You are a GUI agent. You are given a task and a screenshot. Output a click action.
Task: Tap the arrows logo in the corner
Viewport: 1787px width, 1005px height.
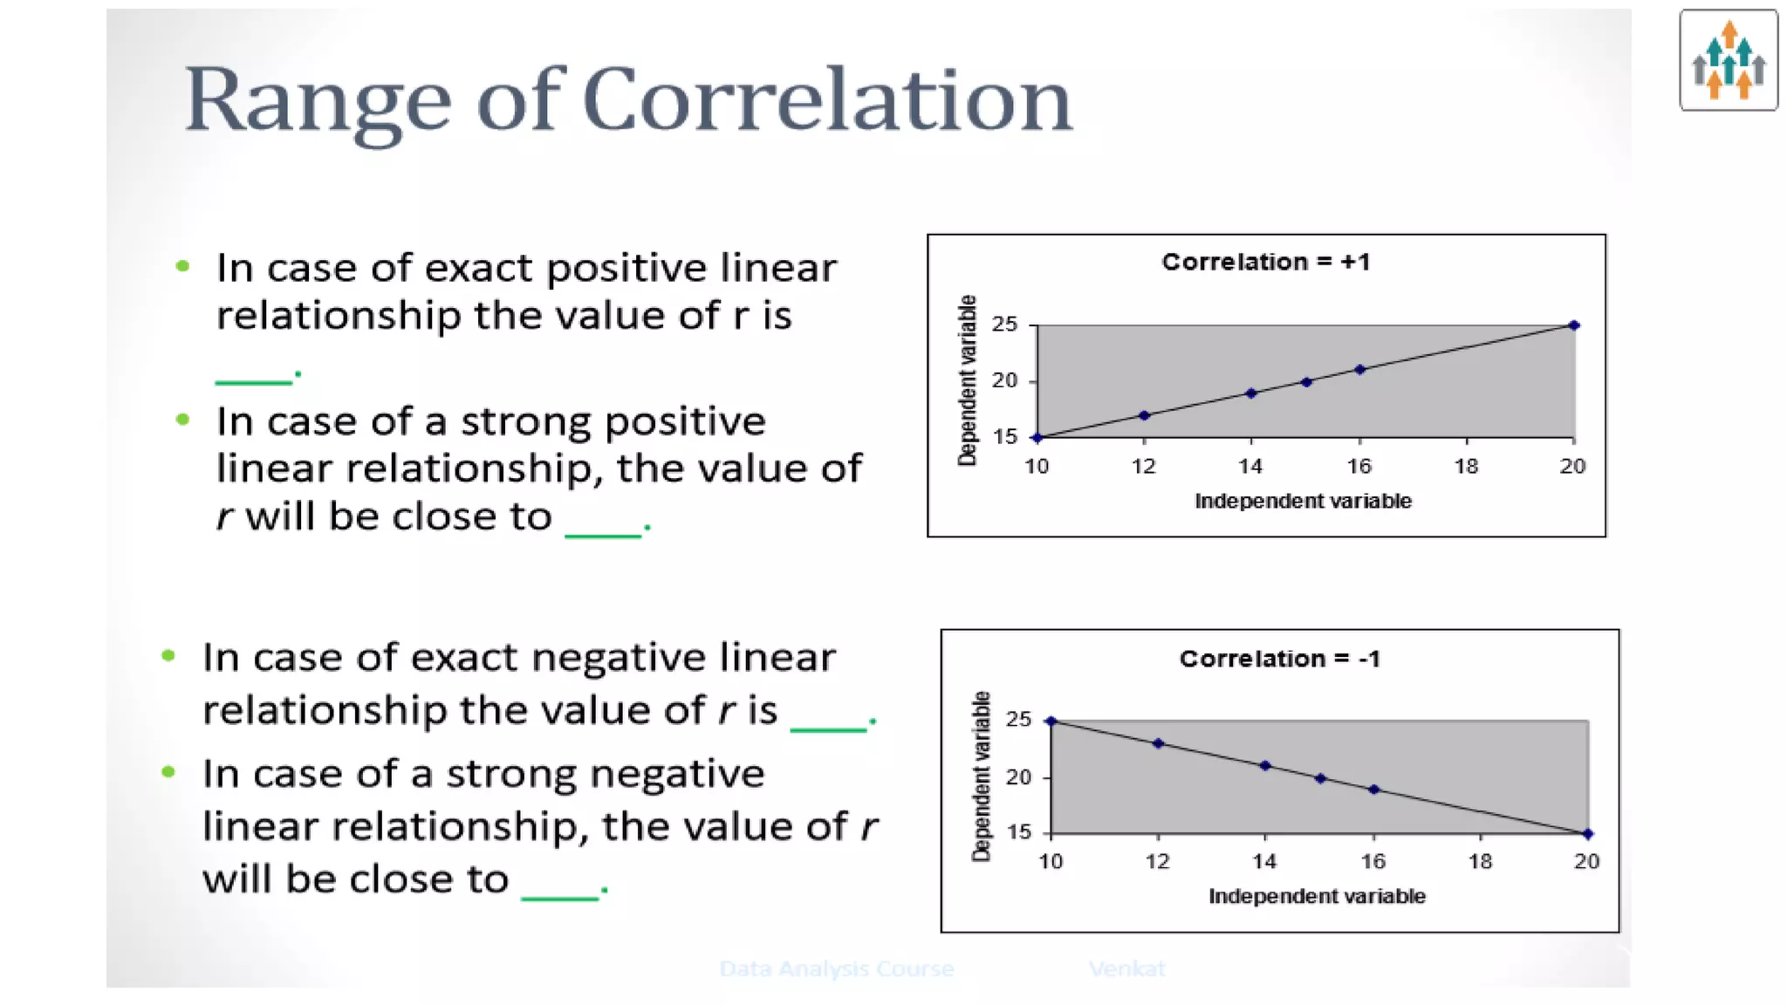click(x=1728, y=60)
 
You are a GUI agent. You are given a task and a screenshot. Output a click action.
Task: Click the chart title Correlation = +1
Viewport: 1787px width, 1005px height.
click(x=1265, y=262)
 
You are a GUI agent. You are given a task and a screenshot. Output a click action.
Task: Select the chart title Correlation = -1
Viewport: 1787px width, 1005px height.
click(x=1279, y=659)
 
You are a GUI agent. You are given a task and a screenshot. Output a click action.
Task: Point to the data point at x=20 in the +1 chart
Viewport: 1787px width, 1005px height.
click(x=1574, y=325)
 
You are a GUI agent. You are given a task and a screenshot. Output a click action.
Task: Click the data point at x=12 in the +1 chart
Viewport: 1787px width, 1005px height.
click(x=1144, y=415)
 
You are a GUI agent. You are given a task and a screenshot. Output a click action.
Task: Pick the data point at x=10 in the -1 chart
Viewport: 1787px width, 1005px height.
click(x=1051, y=721)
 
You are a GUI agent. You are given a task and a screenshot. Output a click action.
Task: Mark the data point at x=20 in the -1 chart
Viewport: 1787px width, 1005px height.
click(x=1587, y=834)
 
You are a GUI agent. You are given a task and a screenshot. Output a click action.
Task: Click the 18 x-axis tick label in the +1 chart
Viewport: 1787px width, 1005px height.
click(x=1466, y=467)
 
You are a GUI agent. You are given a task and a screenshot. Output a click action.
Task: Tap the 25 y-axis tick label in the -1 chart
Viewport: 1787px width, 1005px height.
click(x=1018, y=720)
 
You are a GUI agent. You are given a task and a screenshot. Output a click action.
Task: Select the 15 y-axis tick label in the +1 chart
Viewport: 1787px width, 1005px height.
click(x=1005, y=437)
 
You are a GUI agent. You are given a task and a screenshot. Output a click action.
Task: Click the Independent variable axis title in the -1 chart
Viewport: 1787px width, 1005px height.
click(x=1316, y=896)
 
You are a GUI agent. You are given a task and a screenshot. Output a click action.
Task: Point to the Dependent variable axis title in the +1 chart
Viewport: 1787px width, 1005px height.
click(x=967, y=380)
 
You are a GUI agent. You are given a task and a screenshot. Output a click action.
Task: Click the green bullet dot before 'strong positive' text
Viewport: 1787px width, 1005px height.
click(x=182, y=420)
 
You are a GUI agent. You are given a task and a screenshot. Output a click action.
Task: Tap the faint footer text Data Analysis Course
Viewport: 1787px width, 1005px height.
click(x=836, y=968)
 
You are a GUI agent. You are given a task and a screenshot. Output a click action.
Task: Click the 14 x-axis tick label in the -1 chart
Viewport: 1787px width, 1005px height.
click(x=1264, y=862)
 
